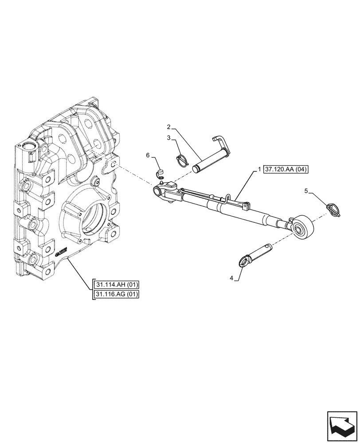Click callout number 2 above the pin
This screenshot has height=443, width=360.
point(169,127)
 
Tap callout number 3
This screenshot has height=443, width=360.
point(169,138)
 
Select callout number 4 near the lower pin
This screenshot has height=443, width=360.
point(231,278)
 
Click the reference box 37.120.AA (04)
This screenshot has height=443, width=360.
point(288,170)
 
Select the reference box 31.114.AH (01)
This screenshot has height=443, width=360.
point(116,284)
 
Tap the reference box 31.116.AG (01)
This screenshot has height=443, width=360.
point(116,294)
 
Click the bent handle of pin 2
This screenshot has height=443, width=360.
point(220,143)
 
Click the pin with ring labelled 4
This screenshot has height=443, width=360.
point(257,254)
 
